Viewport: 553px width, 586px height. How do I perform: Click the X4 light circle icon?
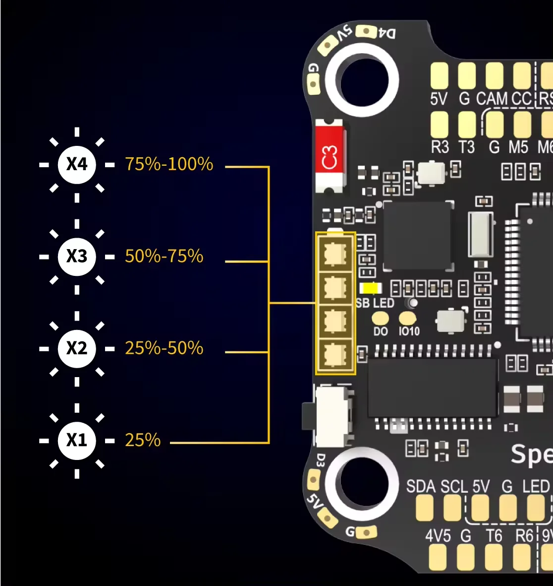77,164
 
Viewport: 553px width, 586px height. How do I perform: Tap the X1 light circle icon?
77,440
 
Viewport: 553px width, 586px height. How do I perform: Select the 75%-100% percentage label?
169,164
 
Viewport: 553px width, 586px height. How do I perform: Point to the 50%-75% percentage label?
164,256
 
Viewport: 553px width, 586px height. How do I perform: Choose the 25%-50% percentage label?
164,348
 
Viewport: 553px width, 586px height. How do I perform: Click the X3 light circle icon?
77,256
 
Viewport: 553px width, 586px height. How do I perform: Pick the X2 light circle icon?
77,348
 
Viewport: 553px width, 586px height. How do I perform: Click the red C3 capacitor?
329,156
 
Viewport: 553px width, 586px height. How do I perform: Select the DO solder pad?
381,318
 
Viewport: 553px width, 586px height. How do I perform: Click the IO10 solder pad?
407,318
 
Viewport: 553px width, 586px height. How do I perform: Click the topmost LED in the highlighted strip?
335,254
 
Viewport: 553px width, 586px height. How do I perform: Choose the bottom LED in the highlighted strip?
335,354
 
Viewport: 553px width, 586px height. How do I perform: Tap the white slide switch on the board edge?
333,416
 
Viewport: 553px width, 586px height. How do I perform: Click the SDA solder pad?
425,509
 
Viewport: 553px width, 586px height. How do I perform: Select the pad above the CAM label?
494,75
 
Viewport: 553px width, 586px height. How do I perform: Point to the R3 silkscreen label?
440,147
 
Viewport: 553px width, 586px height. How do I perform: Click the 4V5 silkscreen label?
438,536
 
